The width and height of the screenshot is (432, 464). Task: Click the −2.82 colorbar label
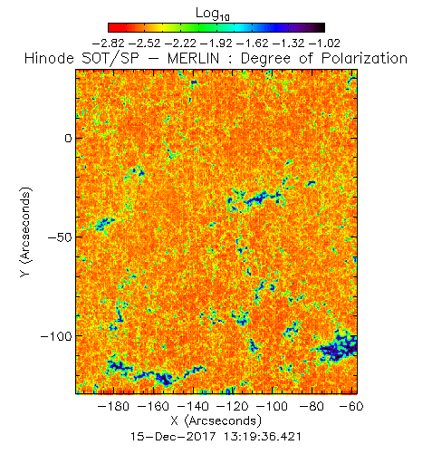pos(108,43)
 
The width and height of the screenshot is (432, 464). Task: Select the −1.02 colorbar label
pos(325,43)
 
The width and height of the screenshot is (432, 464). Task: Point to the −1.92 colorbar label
pos(216,43)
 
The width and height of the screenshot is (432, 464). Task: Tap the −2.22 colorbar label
pos(180,43)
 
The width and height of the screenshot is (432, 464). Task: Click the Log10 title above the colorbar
pos(213,14)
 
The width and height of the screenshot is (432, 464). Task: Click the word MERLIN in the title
pos(193,58)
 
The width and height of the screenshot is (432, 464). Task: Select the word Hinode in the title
pos(49,58)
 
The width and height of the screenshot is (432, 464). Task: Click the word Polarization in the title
pos(364,58)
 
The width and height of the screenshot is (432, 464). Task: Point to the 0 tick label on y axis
pos(69,139)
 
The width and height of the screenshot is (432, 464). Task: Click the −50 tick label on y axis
pos(60,237)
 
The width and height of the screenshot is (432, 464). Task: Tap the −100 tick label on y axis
pos(56,336)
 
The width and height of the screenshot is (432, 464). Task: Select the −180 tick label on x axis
pos(113,406)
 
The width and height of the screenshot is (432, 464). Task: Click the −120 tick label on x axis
pos(233,406)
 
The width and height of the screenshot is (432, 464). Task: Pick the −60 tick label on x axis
pos(351,406)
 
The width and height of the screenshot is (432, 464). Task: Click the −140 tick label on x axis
pos(193,406)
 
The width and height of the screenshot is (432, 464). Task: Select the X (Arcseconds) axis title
pos(216,421)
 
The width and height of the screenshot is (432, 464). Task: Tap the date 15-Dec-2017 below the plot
pos(173,437)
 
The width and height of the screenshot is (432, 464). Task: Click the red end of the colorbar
pos(112,27)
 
